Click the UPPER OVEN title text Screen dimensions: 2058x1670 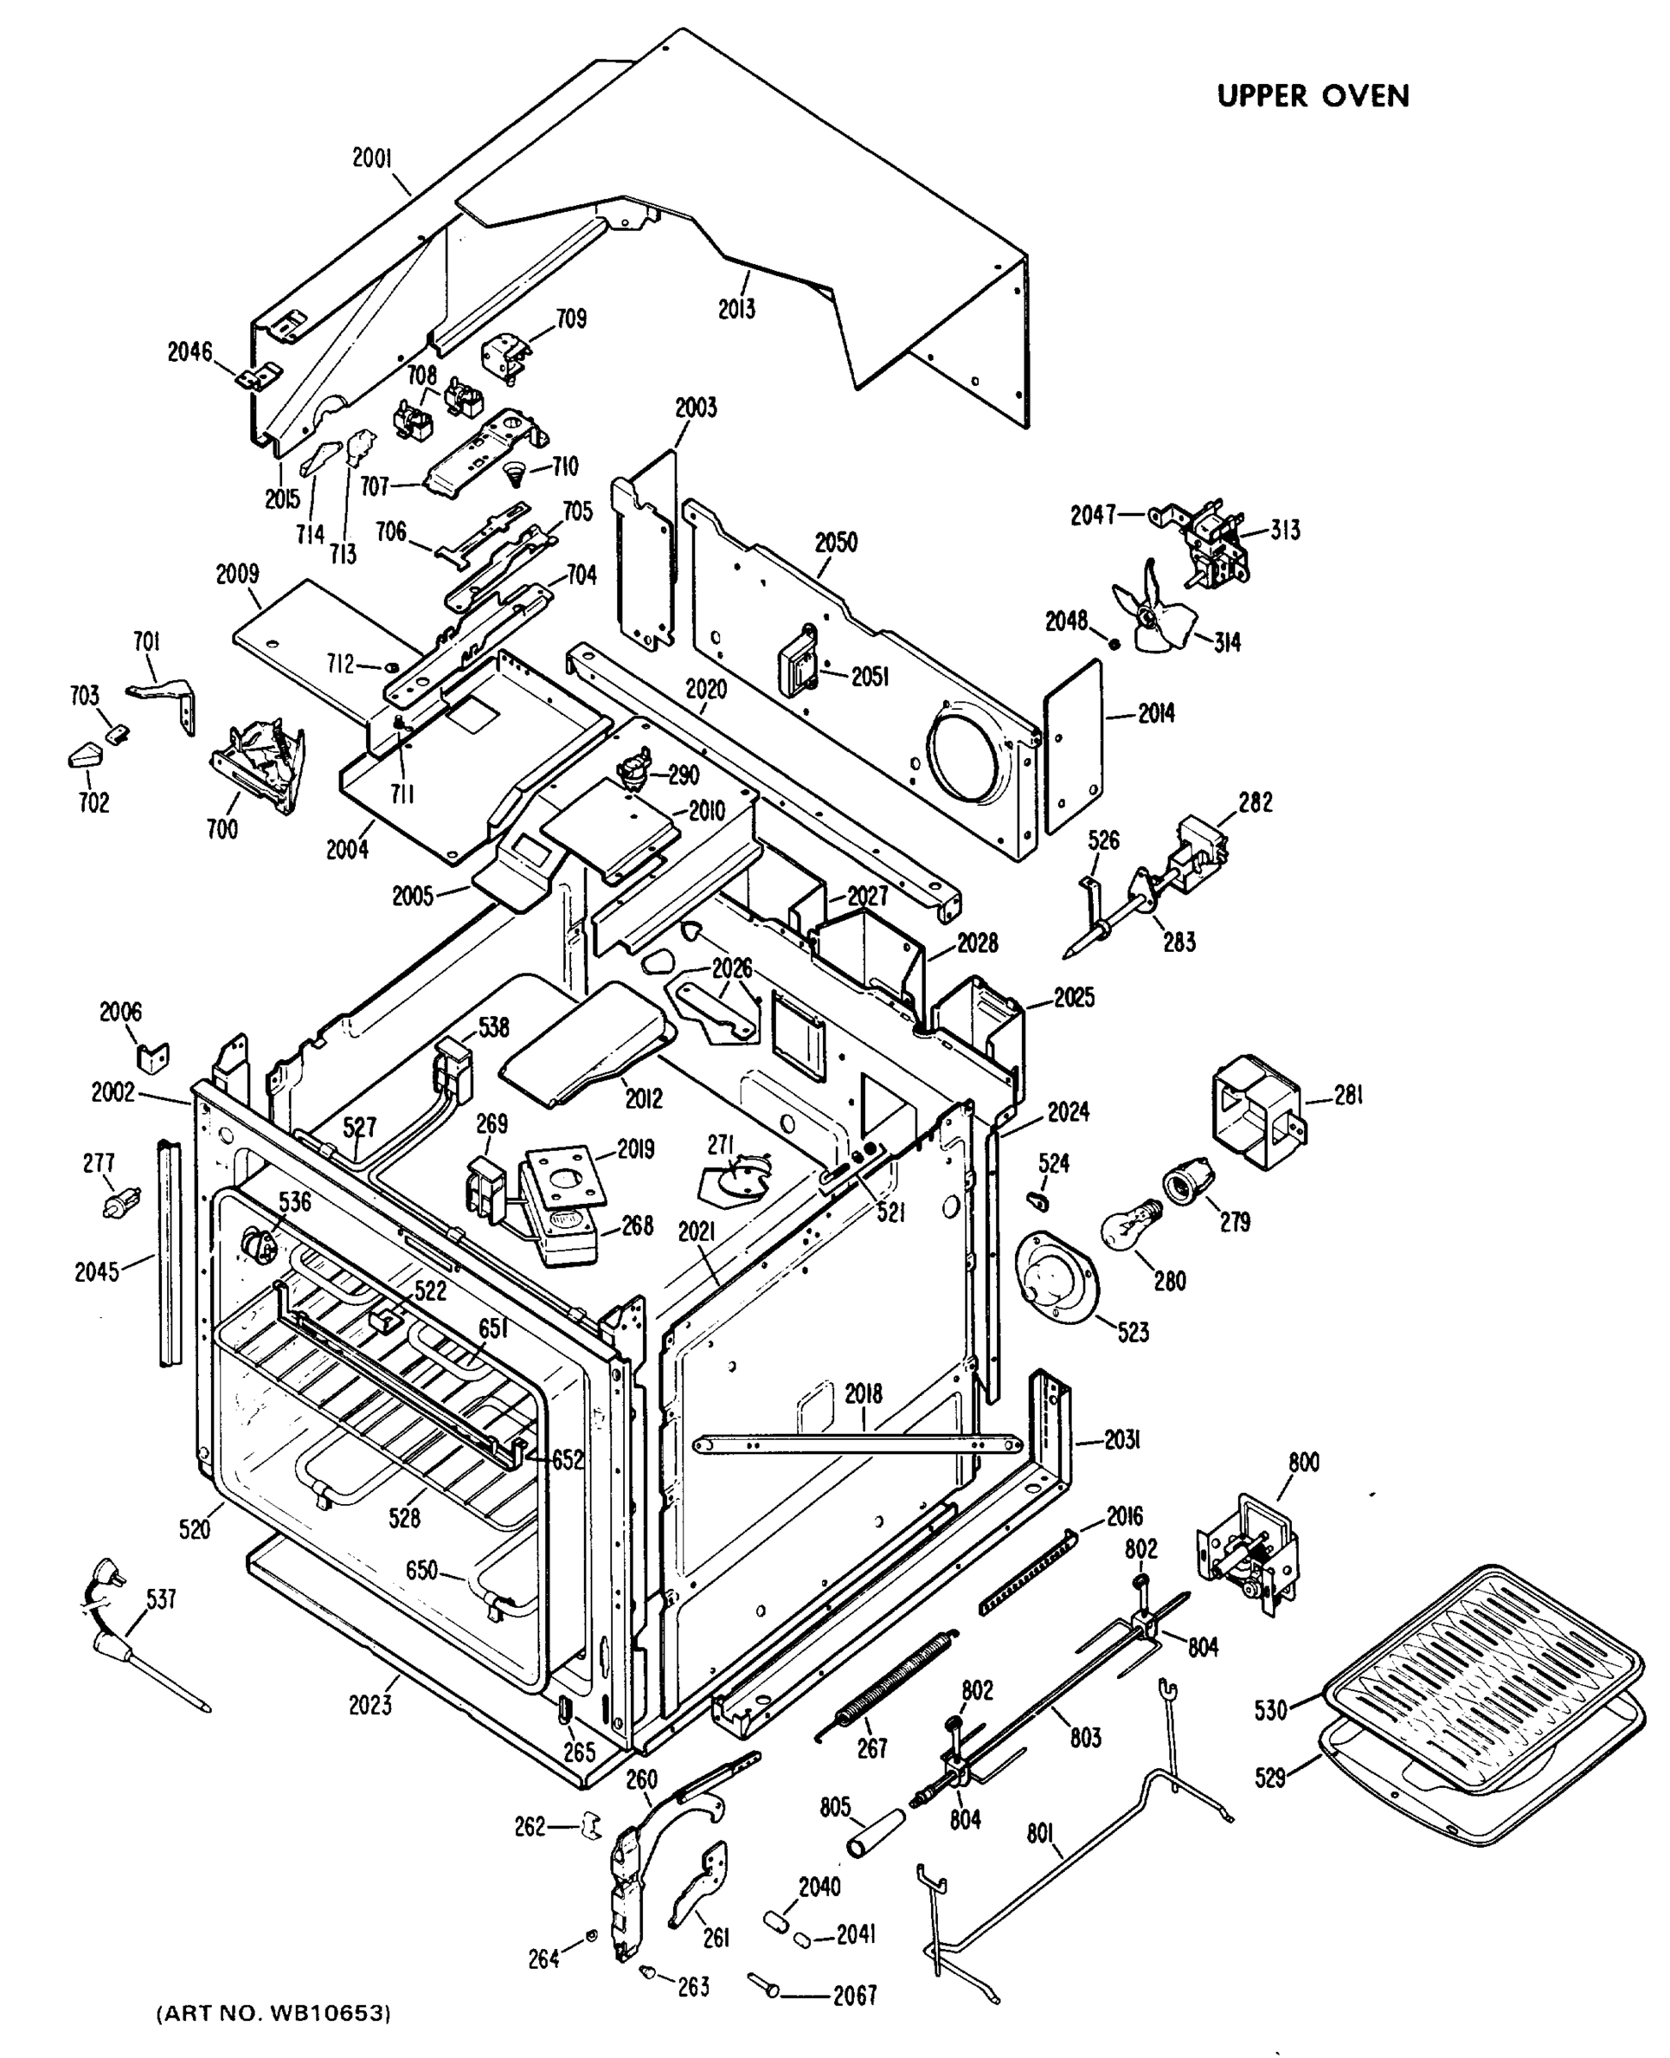point(1313,96)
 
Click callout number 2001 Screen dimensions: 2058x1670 point(371,158)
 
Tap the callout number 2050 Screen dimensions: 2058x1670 point(835,543)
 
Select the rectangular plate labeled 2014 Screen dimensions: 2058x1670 point(1072,746)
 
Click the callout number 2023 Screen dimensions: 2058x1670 point(369,1704)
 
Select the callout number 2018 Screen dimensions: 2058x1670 point(863,1393)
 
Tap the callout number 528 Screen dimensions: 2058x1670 point(404,1517)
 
